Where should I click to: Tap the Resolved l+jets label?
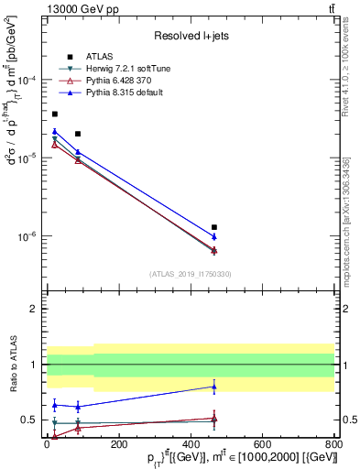191,35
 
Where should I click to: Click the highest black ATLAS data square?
55,114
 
